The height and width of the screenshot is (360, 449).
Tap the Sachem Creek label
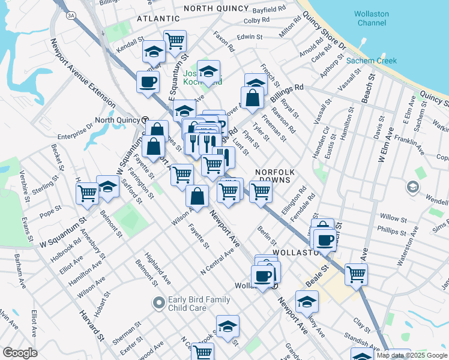(370, 61)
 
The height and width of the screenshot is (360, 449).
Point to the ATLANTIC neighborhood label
(158, 19)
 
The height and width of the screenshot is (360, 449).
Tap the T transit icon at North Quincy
(145, 119)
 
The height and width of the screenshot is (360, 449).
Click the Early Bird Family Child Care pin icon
(158, 302)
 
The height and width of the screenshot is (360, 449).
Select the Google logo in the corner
(20, 353)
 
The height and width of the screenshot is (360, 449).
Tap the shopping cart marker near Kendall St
(175, 41)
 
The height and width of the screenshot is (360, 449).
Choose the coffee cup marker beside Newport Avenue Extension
(148, 82)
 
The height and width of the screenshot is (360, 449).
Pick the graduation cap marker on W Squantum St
(107, 186)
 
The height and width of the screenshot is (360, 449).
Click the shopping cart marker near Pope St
(88, 193)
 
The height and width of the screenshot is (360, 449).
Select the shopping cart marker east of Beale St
(357, 274)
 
